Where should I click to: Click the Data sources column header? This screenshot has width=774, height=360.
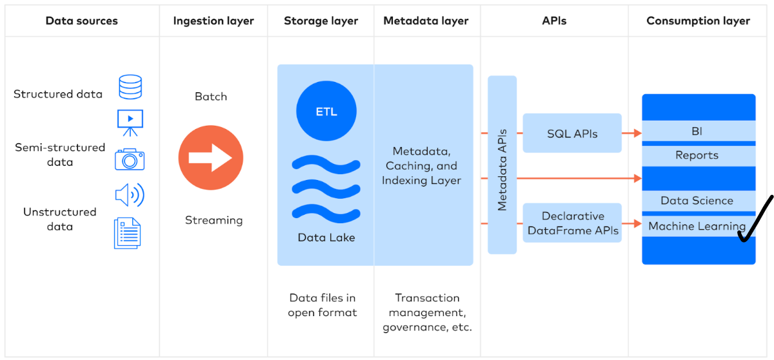[x=81, y=21]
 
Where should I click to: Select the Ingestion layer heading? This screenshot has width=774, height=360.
[x=213, y=21]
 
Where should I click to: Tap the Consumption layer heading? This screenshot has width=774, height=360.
[x=698, y=21]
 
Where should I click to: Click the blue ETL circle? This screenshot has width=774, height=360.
[x=326, y=112]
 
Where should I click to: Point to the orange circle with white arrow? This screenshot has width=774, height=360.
[x=211, y=158]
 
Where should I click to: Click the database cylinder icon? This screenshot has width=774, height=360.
[x=130, y=87]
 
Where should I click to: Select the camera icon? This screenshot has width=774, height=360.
[x=130, y=159]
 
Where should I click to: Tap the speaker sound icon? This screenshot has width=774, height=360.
[x=129, y=194]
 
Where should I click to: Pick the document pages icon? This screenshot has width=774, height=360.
[x=127, y=233]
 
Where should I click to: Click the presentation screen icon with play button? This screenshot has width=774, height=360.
[x=130, y=123]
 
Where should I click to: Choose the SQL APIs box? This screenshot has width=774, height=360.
[x=572, y=134]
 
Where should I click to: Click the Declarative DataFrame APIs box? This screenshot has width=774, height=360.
[x=572, y=223]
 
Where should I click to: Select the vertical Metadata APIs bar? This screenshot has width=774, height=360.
[x=502, y=165]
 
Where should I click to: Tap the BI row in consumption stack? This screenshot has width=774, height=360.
[x=698, y=132]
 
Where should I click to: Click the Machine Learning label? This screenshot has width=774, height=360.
[x=697, y=226]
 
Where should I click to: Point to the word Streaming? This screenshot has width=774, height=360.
[x=213, y=220]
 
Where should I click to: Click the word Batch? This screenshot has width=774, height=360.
[x=211, y=97]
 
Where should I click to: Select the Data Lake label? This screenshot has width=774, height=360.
[x=326, y=237]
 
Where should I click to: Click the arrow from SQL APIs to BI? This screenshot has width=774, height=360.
[x=631, y=134]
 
